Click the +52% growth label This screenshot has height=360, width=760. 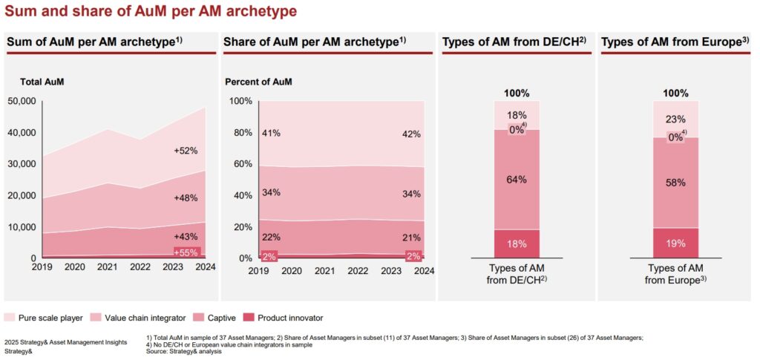click(x=185, y=151)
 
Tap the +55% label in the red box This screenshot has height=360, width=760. click(x=186, y=252)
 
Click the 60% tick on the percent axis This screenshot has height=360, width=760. click(x=240, y=164)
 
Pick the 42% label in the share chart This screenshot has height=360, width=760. click(x=411, y=134)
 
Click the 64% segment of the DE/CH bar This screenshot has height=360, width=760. click(x=517, y=180)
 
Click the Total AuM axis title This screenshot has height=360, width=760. click(x=41, y=81)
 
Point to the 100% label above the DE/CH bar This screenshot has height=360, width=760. click(x=517, y=94)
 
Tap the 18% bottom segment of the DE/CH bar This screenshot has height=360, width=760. click(x=517, y=243)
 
